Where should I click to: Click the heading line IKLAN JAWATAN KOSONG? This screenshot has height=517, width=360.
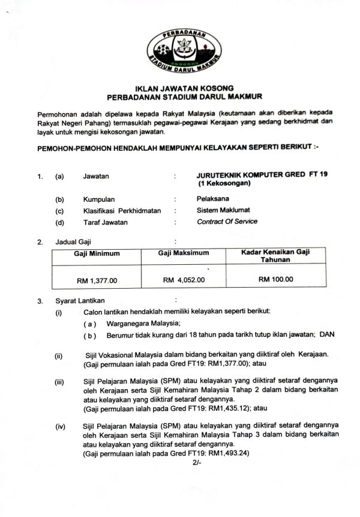coord(180,88)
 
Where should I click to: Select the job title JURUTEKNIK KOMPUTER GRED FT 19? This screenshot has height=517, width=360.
coord(262,175)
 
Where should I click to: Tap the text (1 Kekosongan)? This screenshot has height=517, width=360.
coord(223,183)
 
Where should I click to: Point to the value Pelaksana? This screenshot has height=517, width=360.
coord(212,199)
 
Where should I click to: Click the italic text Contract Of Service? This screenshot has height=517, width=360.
coord(227,222)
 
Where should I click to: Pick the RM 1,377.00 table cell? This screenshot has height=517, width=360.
coord(97,280)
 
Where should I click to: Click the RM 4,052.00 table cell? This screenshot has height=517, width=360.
coord(184,280)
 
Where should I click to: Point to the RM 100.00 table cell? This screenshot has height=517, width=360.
coord(276,279)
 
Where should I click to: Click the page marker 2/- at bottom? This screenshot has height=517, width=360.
coord(197,464)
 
